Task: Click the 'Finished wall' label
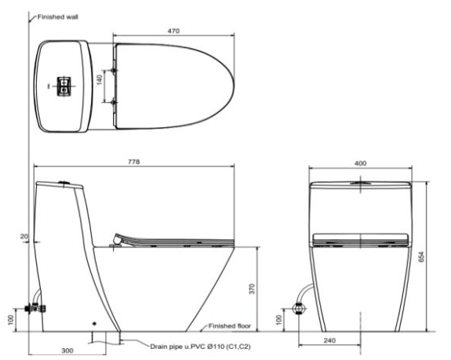point(58,17)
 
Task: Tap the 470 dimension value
point(173,31)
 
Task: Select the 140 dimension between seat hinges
point(100,80)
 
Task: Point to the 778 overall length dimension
point(134,162)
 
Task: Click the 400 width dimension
point(360,163)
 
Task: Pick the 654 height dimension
point(421,256)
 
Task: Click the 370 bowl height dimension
point(252,289)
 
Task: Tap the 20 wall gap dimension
point(24,236)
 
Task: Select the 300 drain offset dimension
point(67,351)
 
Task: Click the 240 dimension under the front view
point(329,340)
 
